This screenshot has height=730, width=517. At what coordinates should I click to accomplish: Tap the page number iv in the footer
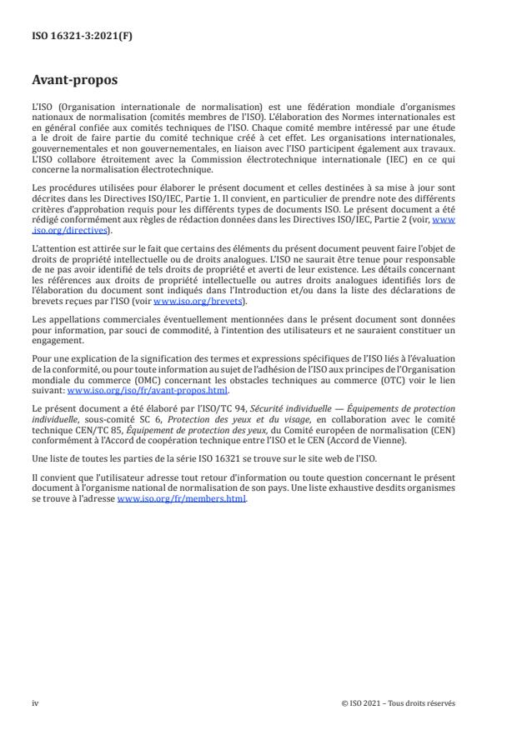coord(35,702)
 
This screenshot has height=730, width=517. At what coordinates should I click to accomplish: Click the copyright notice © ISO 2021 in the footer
coord(399,702)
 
